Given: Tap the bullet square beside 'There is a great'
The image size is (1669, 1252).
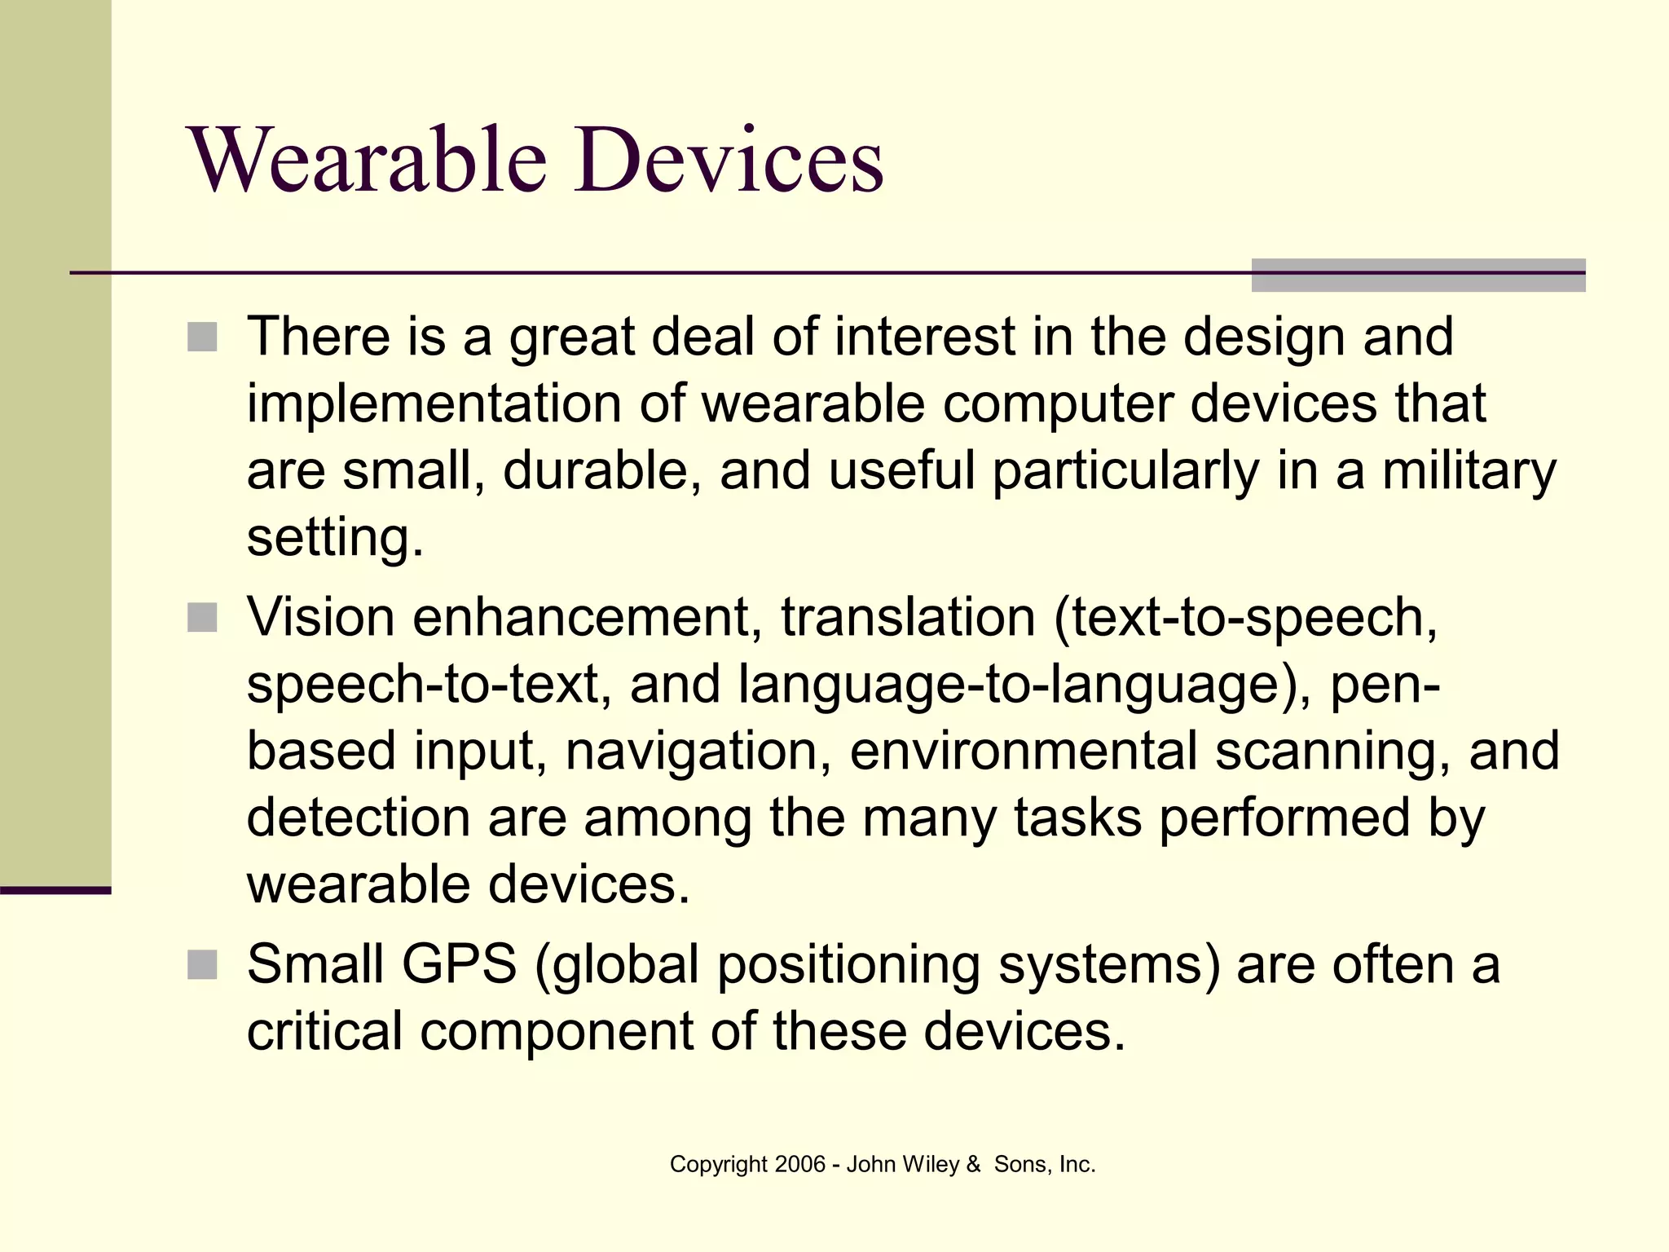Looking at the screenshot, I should [x=202, y=337].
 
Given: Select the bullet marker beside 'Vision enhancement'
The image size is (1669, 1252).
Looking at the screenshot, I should [x=202, y=618].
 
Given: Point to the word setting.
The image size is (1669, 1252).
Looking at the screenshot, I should [x=335, y=539].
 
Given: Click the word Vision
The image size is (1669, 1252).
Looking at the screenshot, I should [x=321, y=617].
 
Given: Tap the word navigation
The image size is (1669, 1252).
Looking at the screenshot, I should [x=692, y=751].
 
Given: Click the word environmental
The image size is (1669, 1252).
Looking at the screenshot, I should [x=1024, y=751].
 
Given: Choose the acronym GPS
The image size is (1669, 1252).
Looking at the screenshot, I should [x=459, y=964].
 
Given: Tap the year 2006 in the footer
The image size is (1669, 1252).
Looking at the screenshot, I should [x=800, y=1165].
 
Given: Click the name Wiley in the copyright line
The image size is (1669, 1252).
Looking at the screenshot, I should [x=931, y=1165].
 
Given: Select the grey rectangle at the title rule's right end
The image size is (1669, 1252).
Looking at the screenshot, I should [x=1417, y=275].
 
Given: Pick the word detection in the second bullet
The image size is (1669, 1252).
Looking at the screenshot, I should [x=358, y=818].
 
